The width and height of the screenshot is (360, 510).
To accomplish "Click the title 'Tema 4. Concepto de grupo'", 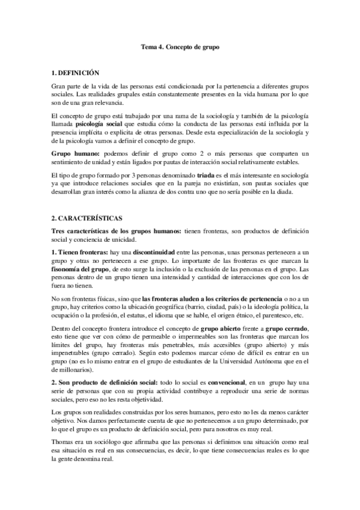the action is [180, 46].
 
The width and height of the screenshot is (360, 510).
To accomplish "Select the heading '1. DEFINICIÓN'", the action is [73, 72].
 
